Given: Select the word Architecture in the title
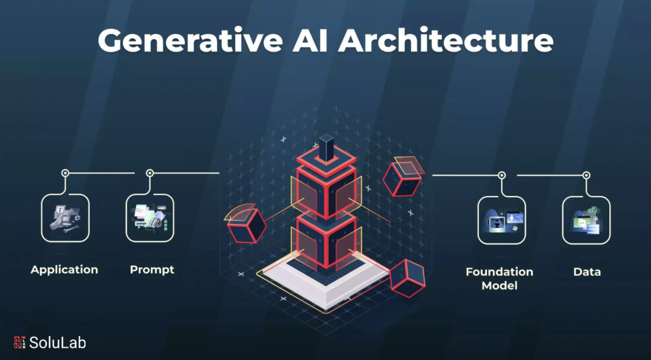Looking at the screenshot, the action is coord(446,40).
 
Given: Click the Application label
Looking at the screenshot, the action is coord(65,270).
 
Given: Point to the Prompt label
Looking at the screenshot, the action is coord(152,270).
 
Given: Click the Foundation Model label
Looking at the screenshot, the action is coord(499,278).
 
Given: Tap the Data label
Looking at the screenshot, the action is coord(587,272).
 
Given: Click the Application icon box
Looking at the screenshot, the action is coord(65,218).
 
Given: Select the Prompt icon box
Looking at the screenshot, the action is coord(150,218).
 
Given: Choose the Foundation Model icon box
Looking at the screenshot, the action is coord(502,220).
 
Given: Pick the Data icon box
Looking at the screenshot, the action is coord(586,220).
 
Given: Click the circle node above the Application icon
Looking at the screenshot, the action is coord(65,173).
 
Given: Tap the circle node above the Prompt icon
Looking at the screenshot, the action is coord(150,173).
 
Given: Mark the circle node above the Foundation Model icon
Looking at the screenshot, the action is coord(502,175).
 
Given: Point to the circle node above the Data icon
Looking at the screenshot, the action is coord(586,175).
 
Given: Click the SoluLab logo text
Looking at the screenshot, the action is coord(57,342).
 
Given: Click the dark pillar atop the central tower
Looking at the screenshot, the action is coord(327,148).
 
